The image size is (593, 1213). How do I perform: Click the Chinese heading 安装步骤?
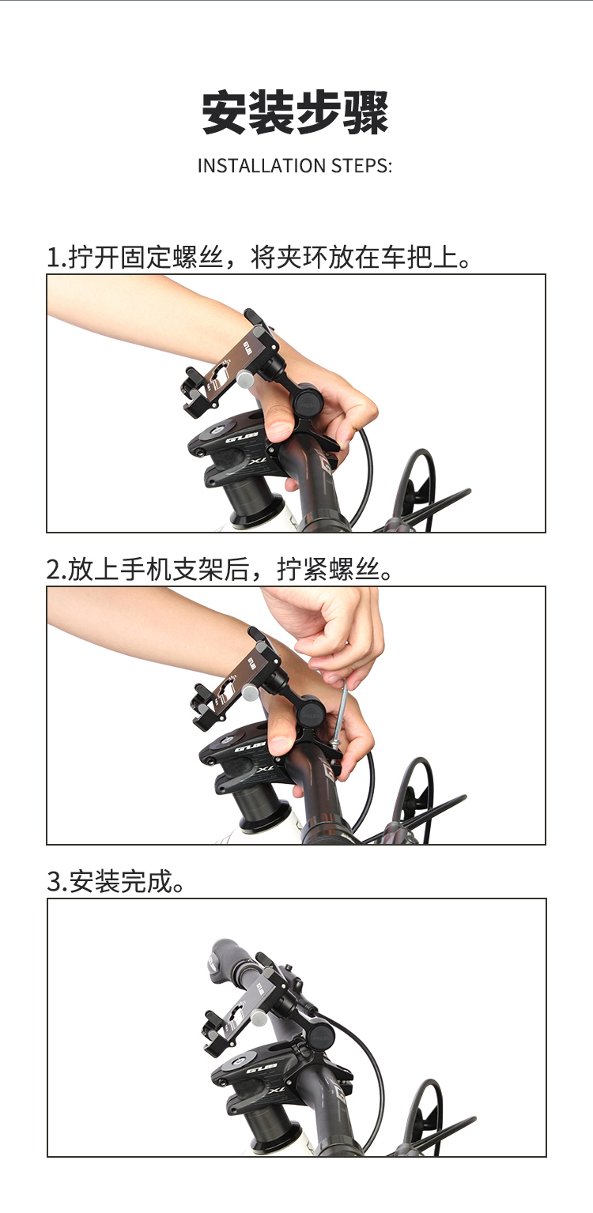coord(296,113)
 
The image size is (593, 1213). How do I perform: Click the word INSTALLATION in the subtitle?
coord(262,166)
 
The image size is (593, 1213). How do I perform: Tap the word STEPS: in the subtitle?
coord(361,166)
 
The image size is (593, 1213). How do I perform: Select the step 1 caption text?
coord(259,257)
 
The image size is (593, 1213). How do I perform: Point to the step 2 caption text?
coord(220,569)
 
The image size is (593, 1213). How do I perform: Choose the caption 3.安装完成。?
coord(115,882)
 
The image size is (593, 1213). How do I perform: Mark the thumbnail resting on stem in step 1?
coord(278,431)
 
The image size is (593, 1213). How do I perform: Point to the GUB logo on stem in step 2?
coord(251,748)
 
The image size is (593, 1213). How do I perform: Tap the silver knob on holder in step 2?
coord(250,692)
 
